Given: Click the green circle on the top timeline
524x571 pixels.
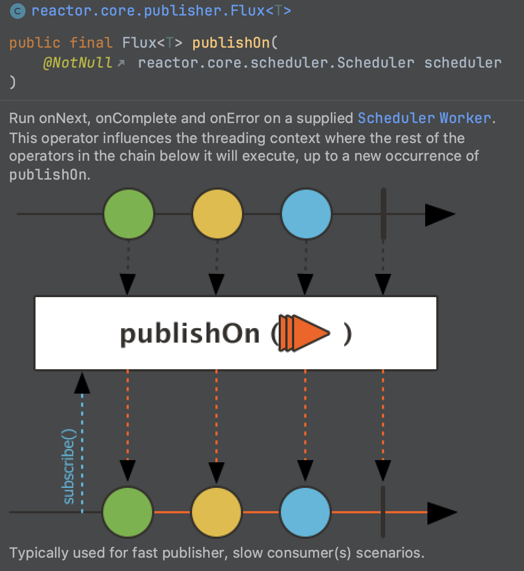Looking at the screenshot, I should pyautogui.click(x=128, y=214).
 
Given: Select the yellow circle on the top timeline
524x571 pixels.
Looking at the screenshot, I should pyautogui.click(x=217, y=214).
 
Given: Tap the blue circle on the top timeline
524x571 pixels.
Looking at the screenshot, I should pyautogui.click(x=306, y=214).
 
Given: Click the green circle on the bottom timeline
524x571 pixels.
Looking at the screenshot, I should pyautogui.click(x=128, y=512).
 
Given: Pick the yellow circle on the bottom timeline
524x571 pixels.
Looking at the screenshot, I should pyautogui.click(x=216, y=512).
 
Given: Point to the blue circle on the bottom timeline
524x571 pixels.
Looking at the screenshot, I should pyautogui.click(x=305, y=512).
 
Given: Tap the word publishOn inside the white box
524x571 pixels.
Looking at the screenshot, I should pyautogui.click(x=189, y=334).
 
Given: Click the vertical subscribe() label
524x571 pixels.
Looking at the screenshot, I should pyautogui.click(x=69, y=466).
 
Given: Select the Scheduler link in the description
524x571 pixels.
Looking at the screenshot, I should pyautogui.click(x=396, y=118).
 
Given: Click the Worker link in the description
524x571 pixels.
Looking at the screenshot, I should pyautogui.click(x=465, y=118).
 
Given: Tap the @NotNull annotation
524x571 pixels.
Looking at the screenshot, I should pyautogui.click(x=78, y=63).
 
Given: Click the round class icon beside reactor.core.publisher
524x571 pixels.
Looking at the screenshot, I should pyautogui.click(x=18, y=11).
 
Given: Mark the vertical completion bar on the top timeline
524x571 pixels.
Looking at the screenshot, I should pyautogui.click(x=384, y=214).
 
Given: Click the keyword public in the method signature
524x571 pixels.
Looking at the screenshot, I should pyautogui.click(x=34, y=43).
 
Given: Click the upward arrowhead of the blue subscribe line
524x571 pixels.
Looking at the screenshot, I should pyautogui.click(x=82, y=383).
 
